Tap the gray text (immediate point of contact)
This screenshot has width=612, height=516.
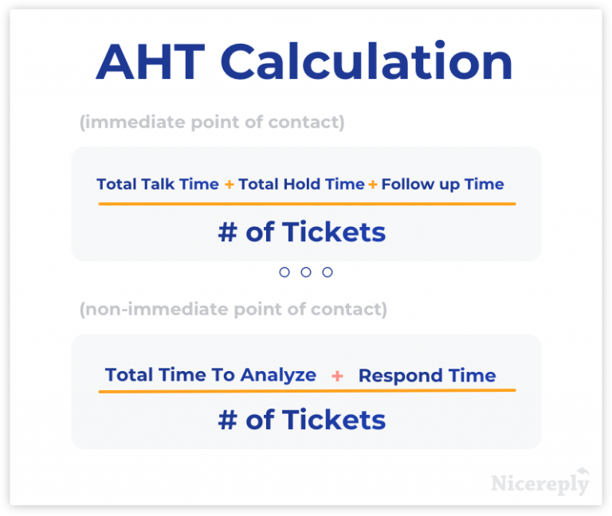212,123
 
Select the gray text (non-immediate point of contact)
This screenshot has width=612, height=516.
233,309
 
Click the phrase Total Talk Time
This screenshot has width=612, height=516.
158,184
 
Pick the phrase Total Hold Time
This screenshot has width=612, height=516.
301,184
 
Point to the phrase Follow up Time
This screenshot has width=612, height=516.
442,184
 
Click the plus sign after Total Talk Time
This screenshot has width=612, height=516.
229,185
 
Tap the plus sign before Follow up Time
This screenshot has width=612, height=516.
372,185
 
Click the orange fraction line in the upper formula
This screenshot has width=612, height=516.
307,204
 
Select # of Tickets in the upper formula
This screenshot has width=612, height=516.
301,232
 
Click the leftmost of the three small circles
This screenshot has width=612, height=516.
284,272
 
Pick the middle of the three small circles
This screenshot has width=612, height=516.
306,272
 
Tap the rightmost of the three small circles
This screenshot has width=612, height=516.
328,272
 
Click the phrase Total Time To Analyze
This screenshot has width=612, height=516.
210,375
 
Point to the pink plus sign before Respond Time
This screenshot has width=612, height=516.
337,376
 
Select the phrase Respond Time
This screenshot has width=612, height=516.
426,376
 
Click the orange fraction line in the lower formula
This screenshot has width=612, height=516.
307,391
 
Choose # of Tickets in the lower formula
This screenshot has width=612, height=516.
301,420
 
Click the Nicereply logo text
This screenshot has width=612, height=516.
539,483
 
